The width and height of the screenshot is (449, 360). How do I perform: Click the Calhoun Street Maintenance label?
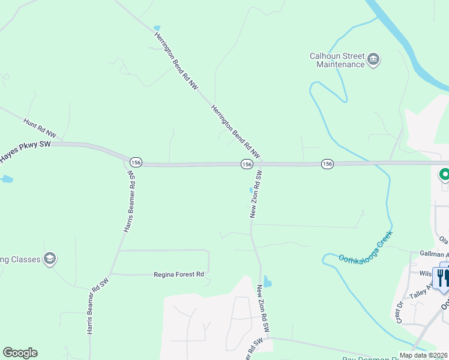(337, 60)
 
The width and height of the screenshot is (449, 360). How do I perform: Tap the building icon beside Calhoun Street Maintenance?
(373, 59)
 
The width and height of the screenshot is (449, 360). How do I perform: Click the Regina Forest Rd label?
(179, 274)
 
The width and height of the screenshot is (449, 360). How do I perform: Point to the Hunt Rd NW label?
(40, 126)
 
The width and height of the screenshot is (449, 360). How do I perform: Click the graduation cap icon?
(50, 259)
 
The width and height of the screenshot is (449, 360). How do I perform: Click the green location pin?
(444, 175)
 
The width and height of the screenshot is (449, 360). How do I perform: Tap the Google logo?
(20, 353)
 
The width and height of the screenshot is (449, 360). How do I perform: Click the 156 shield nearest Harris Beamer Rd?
(136, 163)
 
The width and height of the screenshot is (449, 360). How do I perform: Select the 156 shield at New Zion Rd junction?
(247, 164)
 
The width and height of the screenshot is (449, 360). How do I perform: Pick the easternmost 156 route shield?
(327, 164)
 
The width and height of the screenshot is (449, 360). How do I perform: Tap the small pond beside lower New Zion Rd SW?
(267, 280)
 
